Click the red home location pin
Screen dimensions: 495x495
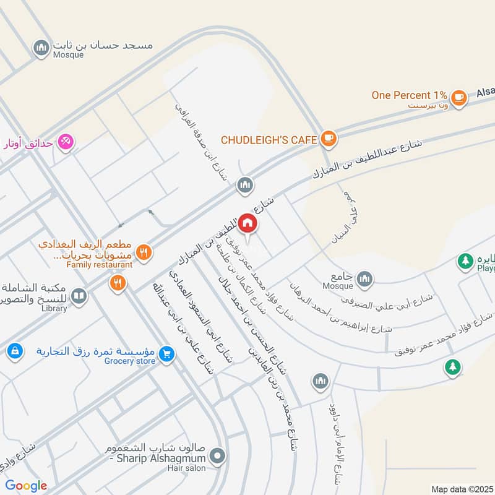[247, 223]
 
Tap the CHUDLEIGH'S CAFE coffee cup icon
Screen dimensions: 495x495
[329, 139]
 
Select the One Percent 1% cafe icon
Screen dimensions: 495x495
[458, 97]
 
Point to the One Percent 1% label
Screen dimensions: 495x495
[409, 95]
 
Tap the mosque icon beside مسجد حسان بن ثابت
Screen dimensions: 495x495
[41, 47]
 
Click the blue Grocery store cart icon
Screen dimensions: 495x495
[165, 354]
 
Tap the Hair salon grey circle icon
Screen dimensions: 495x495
[217, 458]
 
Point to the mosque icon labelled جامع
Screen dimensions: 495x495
[365, 278]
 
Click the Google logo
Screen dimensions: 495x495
[26, 486]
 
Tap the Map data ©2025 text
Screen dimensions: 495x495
[462, 489]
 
